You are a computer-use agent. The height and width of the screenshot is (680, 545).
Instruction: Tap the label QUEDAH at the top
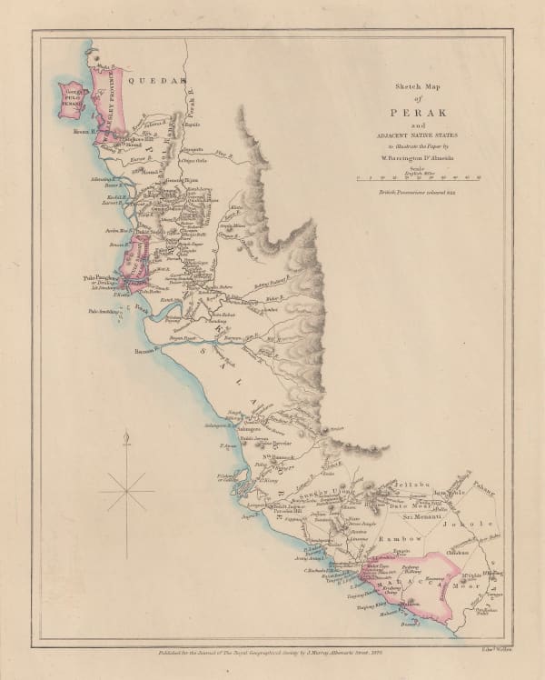coord(149,80)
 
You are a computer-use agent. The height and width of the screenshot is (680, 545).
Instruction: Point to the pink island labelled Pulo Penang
coord(70,99)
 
